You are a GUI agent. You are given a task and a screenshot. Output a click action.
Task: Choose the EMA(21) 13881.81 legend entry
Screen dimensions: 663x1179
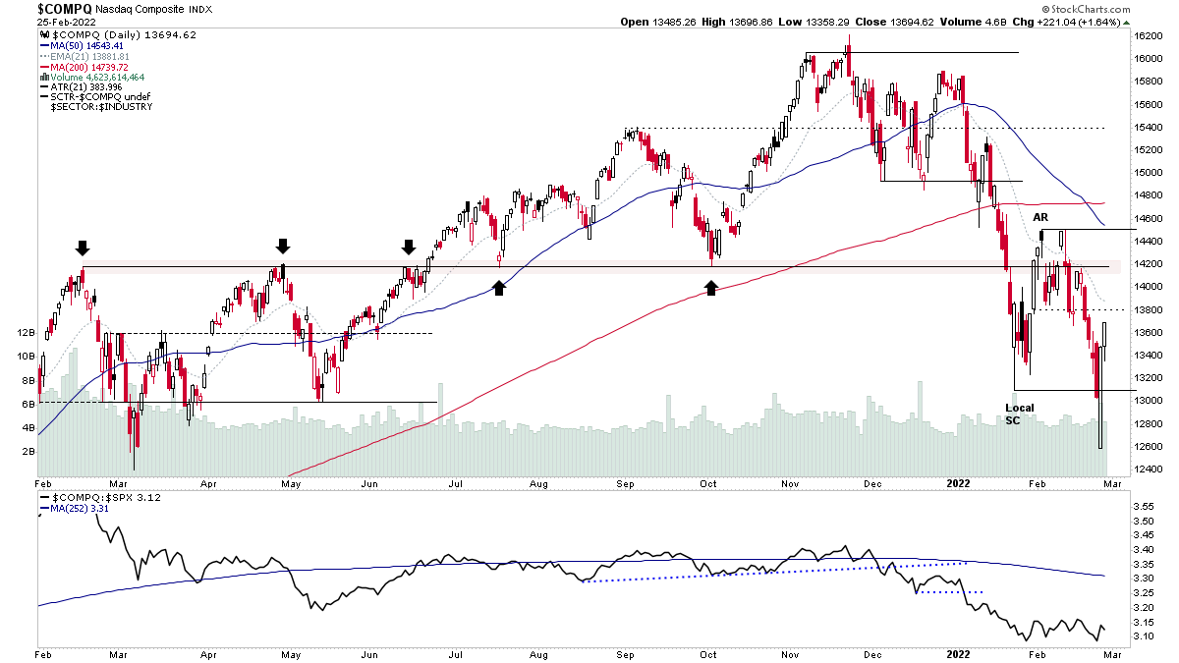89,56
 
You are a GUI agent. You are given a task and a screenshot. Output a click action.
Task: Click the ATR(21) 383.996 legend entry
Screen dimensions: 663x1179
83,87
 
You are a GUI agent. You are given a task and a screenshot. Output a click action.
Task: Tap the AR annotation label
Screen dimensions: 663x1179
1039,216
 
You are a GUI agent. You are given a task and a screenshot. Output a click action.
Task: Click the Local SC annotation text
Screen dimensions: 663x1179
1019,414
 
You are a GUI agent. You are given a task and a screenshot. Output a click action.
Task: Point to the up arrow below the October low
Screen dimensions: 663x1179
710,287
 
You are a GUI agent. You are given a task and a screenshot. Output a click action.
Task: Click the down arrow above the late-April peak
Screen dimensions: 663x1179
283,246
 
